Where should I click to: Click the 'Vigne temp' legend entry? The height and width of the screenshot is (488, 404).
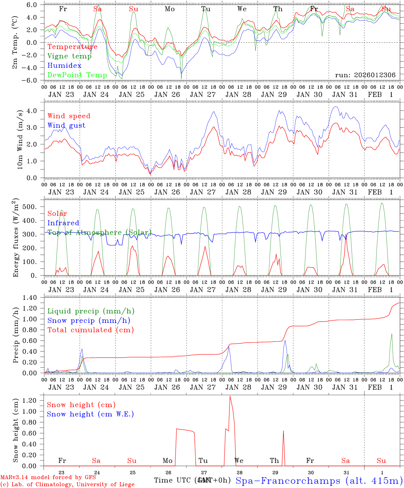[69, 56]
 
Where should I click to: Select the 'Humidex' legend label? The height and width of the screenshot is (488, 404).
[64, 66]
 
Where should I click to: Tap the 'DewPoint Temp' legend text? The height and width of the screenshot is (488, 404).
[77, 75]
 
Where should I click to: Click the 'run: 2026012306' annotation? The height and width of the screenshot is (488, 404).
[365, 75]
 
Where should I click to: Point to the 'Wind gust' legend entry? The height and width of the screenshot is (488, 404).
[66, 125]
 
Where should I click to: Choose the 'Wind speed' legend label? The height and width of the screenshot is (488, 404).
[69, 116]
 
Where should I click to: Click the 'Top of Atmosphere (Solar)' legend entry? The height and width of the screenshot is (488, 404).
[99, 232]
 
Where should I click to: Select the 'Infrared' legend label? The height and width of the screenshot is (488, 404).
[63, 223]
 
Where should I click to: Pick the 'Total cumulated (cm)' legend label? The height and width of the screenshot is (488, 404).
[90, 330]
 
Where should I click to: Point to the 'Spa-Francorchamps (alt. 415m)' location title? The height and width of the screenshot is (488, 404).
[319, 481]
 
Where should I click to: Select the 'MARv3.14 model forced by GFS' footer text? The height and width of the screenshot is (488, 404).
[48, 477]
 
